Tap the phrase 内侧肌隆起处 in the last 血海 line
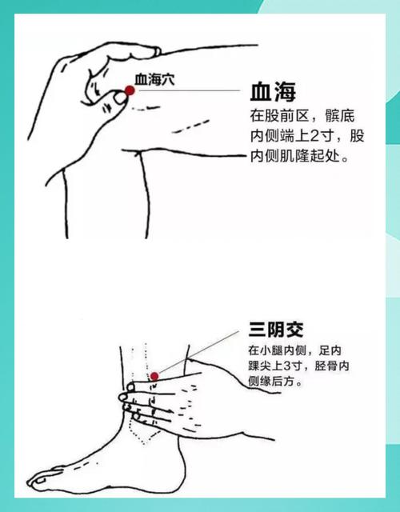pos(296,157)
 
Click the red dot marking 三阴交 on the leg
pos(155,376)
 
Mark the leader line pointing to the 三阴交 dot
pos(200,351)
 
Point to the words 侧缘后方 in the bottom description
pos(275,383)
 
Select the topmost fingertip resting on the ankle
pos(130,386)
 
